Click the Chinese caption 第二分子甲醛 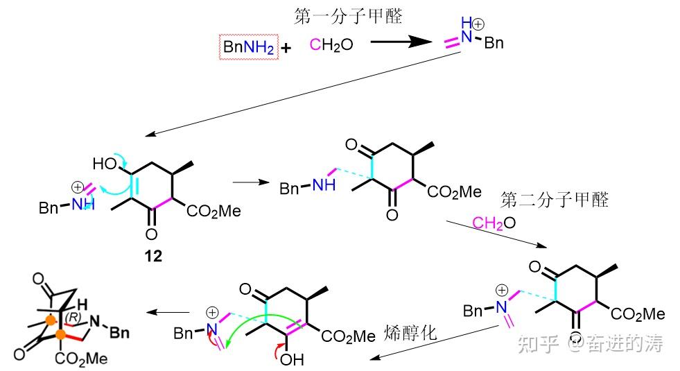(x=555, y=200)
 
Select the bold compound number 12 (x=153, y=256)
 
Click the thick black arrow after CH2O (x=401, y=43)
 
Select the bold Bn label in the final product (x=119, y=333)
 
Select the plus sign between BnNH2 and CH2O (x=286, y=48)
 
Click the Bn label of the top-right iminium (x=494, y=44)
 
